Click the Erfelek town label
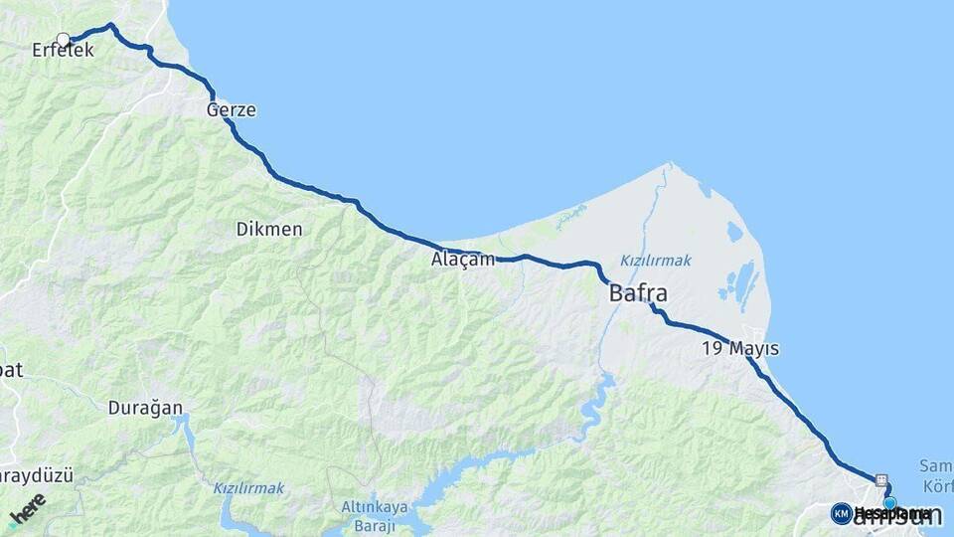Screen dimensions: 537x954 [63, 49]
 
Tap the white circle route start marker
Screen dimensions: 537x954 [64, 40]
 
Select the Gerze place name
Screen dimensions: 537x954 [231, 110]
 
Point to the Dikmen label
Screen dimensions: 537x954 [268, 229]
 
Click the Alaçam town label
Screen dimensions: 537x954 [462, 260]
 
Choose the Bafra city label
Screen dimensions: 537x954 [637, 294]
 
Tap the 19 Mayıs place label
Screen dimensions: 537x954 [739, 349]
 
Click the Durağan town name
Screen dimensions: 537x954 [146, 407]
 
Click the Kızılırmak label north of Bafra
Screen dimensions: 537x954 [655, 261]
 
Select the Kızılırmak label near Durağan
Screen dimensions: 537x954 [248, 488]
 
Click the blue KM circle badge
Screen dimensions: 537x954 [841, 513]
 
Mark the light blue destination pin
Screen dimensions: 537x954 [890, 503]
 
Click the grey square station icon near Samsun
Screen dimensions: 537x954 [880, 478]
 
